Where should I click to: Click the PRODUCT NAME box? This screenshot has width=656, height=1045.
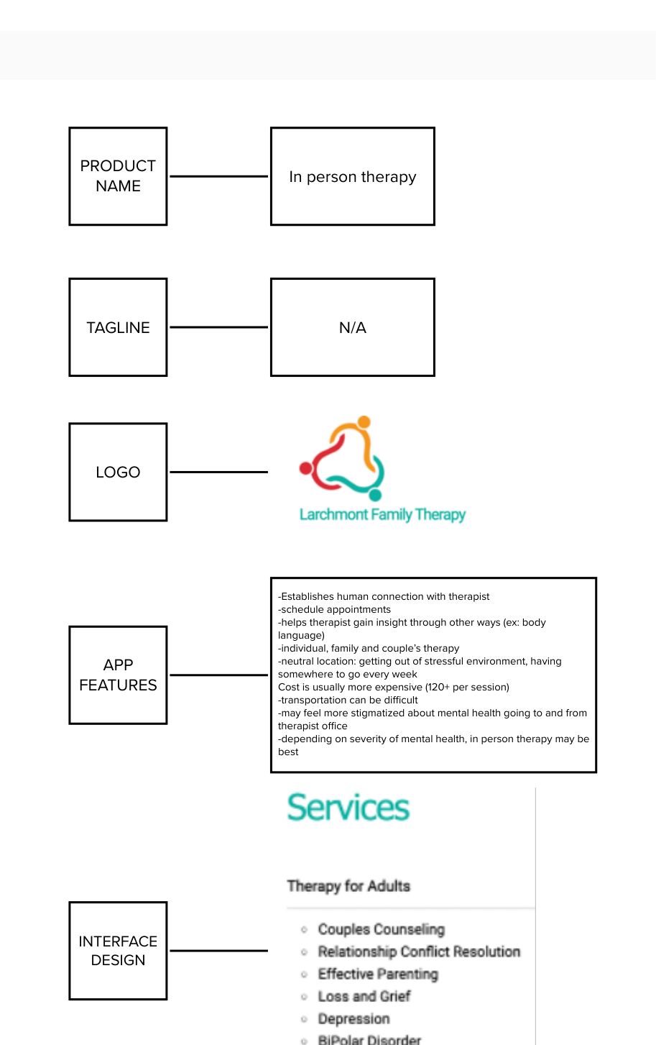coord(118,176)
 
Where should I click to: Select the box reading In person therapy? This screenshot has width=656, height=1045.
coord(352,176)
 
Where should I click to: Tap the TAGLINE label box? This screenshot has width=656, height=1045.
coord(118,327)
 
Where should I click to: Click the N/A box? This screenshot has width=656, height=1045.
coord(352,327)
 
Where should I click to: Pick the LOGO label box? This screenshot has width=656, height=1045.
coord(118,472)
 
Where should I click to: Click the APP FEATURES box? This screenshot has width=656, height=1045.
coord(118,675)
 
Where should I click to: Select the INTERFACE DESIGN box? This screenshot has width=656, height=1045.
coord(118,950)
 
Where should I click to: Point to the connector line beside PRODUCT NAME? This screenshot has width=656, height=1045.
coord(218,176)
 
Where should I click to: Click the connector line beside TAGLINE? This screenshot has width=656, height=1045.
coord(218,327)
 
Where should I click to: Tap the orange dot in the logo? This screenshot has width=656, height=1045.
coord(364,422)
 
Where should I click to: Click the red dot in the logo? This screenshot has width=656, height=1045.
coord(306,469)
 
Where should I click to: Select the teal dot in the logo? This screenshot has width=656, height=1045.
coord(374,494)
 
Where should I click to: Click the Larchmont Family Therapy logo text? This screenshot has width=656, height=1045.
coord(382,514)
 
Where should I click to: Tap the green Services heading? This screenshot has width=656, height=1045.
coord(348,808)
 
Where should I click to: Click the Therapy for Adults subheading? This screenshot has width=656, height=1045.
coord(348,886)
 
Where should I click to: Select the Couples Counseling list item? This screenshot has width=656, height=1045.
coord(381,929)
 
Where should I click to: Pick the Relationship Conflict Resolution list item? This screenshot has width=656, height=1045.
coord(419,952)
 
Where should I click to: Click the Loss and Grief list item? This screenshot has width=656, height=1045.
coord(364,996)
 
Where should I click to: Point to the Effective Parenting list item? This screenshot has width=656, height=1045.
coord(378,974)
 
